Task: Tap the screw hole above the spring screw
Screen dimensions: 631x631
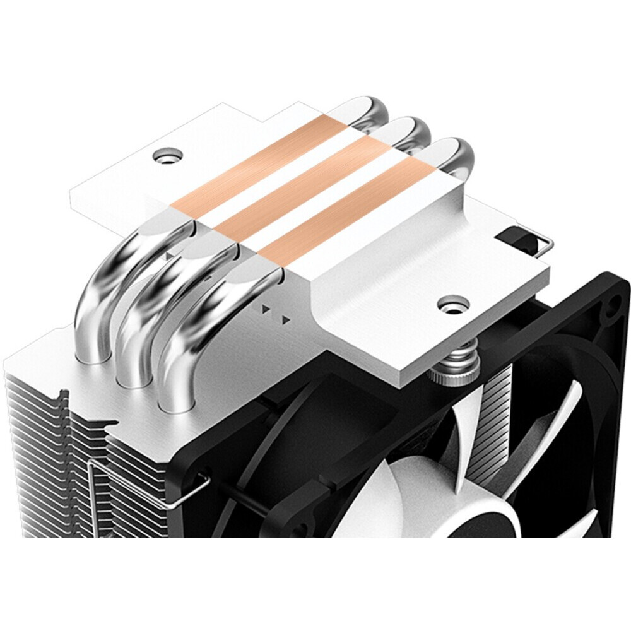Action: pos(451,304)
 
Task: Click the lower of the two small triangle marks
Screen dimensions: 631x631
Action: pos(286,320)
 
